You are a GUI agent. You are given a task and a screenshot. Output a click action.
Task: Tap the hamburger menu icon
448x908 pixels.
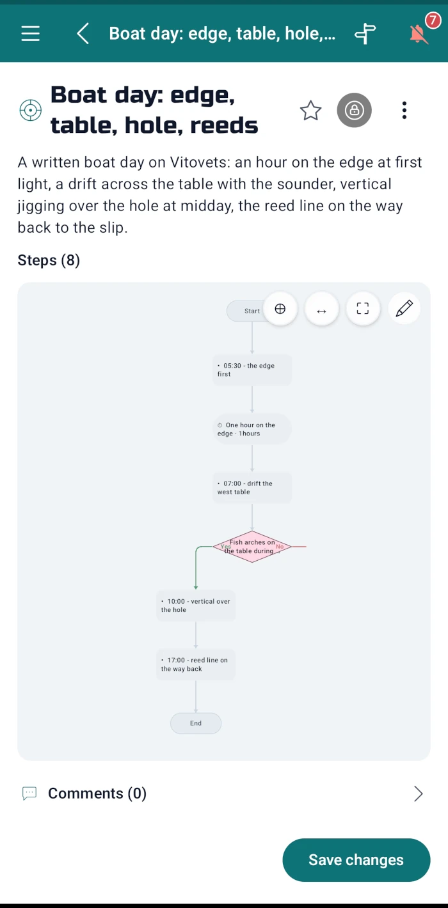31,33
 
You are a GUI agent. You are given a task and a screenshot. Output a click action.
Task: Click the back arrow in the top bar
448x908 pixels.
83,33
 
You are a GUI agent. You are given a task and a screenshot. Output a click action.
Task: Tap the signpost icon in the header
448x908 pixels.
365,33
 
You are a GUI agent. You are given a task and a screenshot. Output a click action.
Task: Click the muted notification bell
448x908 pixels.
419,34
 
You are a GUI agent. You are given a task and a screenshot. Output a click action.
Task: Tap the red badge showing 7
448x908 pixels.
433,20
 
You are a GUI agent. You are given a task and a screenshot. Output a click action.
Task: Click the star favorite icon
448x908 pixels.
311,110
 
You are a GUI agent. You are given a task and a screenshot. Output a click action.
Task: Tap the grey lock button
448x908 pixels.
355,110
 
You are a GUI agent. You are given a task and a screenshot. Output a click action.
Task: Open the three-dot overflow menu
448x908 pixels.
404,110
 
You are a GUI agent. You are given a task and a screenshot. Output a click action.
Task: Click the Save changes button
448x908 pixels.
356,860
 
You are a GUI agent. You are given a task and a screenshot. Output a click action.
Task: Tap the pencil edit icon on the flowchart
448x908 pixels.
404,308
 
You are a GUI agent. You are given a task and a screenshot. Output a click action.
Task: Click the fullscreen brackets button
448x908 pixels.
363,308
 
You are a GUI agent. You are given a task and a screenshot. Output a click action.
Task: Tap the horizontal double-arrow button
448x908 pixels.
321,311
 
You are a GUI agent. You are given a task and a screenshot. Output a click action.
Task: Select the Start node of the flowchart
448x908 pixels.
247,311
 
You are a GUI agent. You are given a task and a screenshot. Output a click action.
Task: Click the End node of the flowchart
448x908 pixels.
196,723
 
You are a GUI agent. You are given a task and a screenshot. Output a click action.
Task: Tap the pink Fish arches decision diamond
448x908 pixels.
252,547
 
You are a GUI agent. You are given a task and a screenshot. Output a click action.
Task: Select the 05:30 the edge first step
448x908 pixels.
252,370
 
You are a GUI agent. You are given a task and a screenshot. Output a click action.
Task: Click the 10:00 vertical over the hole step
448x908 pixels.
196,605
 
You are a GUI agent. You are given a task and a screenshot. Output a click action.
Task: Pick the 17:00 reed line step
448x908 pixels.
196,664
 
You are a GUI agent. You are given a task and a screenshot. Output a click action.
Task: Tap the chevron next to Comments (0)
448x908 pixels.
419,794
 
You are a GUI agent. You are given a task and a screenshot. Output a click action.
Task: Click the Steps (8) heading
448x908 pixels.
49,260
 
